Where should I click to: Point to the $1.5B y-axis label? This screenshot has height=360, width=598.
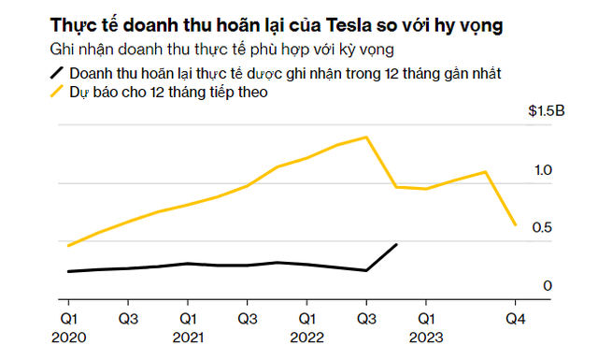coord(547,112)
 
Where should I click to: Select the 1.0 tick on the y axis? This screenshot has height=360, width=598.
coord(544,170)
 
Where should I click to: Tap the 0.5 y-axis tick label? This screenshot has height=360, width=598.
coord(544,228)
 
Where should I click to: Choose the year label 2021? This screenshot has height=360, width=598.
coord(189,337)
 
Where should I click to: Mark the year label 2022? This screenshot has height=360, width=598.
coord(307,337)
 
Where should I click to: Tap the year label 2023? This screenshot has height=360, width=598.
coord(426,337)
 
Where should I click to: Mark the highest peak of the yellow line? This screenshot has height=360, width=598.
coord(366,137)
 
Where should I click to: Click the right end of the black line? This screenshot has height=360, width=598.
coord(396,245)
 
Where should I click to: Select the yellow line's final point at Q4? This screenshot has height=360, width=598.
coord(515,224)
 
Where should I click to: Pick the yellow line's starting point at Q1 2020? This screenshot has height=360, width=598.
coord(69,245)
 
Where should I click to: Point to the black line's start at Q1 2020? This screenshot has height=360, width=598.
coord(69,271)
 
